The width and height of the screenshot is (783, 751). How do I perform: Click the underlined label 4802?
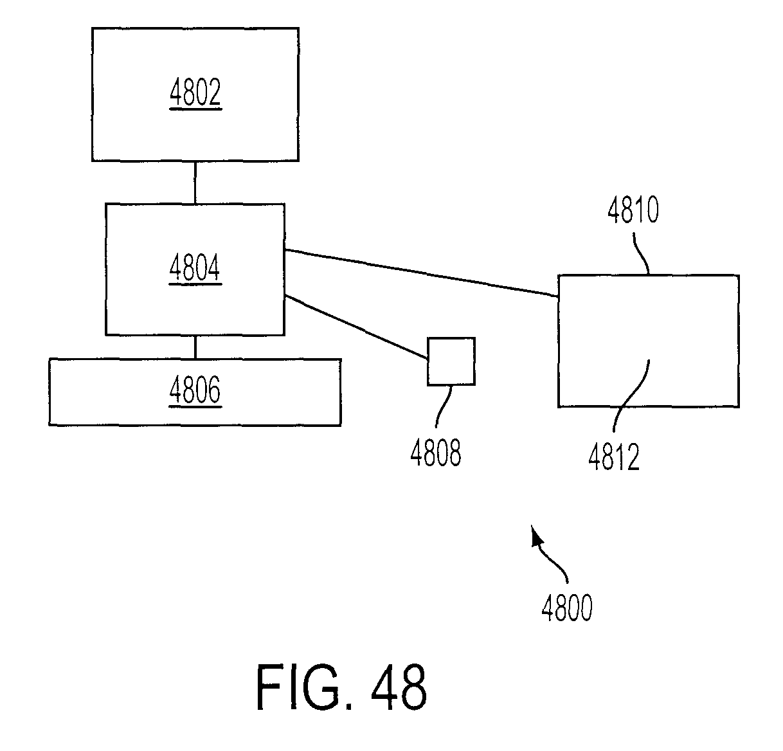point(195,92)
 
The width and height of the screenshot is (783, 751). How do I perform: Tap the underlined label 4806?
point(195,390)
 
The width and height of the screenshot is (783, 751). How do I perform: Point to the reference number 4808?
point(436,453)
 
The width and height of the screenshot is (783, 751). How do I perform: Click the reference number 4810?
point(633,210)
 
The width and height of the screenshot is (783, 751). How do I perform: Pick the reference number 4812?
point(614,457)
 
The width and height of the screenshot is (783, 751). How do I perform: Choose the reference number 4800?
point(567,608)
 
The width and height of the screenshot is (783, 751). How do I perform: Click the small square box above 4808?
point(451,361)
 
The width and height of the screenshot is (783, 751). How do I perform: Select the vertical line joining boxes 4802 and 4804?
point(195,183)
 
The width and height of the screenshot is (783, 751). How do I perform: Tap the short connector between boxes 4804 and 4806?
point(195,347)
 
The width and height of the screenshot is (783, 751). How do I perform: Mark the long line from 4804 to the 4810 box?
point(421,273)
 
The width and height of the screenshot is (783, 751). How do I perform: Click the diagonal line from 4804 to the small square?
point(356,327)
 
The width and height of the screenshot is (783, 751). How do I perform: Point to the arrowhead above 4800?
point(536,536)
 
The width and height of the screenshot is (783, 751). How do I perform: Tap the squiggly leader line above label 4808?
point(443,406)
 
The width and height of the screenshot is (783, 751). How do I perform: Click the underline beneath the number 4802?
point(195,109)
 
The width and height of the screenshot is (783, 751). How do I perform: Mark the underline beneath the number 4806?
point(195,406)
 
